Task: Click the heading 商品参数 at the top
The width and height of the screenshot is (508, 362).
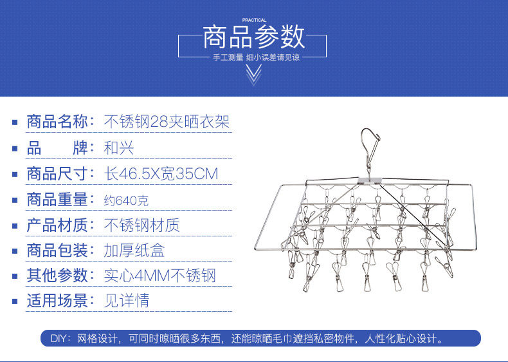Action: tap(253, 37)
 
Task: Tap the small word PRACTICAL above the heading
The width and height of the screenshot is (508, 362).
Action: tap(254, 21)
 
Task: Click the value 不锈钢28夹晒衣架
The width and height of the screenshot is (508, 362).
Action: tap(167, 121)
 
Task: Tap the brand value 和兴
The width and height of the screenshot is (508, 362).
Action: tap(119, 148)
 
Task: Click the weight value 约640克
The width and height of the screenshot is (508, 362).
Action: tap(126, 200)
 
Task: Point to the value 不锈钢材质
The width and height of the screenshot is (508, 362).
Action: tap(141, 225)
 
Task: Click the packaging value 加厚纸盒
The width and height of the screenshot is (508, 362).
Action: tap(134, 250)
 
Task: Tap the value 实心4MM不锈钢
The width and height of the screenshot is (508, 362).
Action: tap(159, 276)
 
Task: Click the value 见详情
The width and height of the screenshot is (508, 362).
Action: tap(127, 301)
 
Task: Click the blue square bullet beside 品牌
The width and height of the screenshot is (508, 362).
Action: tap(15, 148)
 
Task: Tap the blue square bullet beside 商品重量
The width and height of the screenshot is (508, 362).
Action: tap(15, 200)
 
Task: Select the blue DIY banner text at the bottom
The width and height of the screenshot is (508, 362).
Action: tap(253, 338)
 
